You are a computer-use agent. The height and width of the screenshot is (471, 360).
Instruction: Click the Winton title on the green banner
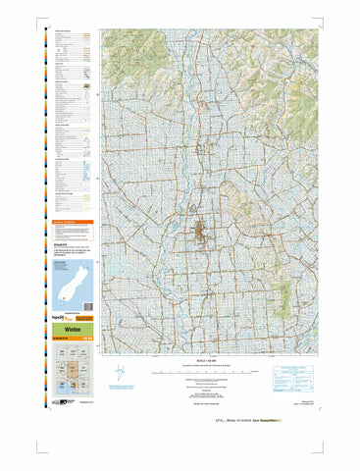click(x=65, y=332)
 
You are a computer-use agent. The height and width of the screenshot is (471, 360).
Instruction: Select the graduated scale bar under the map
click(x=204, y=372)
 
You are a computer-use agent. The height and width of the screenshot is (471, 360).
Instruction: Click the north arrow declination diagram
click(x=120, y=374)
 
